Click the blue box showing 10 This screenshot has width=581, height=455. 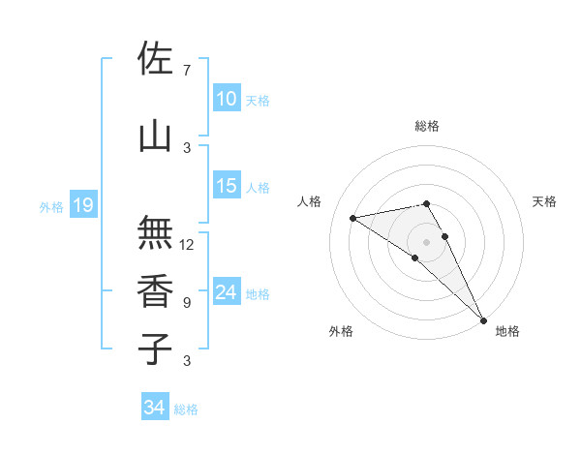point(227,98)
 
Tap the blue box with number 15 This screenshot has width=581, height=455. point(227,186)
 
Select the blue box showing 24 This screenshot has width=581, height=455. point(227,292)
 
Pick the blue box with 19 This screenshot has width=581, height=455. point(82,205)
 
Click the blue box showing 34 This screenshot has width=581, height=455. point(154,408)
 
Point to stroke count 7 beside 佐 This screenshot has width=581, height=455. point(186,70)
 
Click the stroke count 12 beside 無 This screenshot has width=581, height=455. point(187,245)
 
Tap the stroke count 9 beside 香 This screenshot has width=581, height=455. point(186,303)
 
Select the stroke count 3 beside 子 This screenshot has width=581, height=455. point(186,361)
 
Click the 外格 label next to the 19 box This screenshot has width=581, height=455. point(50,206)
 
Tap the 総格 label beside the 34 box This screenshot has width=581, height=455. point(186,409)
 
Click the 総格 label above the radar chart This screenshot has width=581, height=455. point(426,126)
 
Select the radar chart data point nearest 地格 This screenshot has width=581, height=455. point(482,318)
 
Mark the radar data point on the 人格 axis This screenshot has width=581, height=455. point(353,218)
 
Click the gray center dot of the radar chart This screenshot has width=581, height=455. point(426,241)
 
